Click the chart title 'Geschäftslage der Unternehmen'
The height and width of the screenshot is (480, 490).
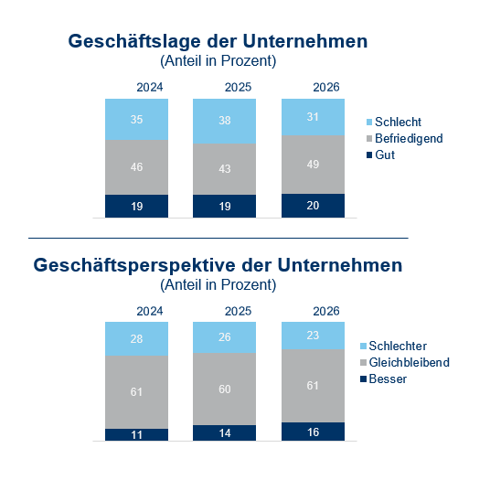[x=218, y=42]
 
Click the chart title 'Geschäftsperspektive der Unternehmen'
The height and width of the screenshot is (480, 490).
[x=218, y=265]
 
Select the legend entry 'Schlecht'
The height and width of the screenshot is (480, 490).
[x=398, y=122]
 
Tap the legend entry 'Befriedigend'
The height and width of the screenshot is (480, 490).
[x=409, y=138]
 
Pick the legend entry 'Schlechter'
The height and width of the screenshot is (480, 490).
[x=401, y=346]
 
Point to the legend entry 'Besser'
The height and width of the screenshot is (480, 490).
[x=391, y=379]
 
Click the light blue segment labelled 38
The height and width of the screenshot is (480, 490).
[x=224, y=120]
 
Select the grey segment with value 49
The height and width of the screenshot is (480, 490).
[x=313, y=164]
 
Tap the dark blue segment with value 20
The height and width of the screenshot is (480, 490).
[x=313, y=206]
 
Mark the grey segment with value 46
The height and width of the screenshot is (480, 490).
[x=136, y=167]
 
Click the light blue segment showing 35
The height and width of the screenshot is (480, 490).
[x=136, y=119]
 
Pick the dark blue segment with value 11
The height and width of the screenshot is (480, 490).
[x=136, y=434]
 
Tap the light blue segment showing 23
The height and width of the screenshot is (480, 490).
[x=313, y=336]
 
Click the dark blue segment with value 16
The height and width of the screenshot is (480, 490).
[x=313, y=432]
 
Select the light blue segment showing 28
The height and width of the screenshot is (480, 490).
[x=136, y=339]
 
